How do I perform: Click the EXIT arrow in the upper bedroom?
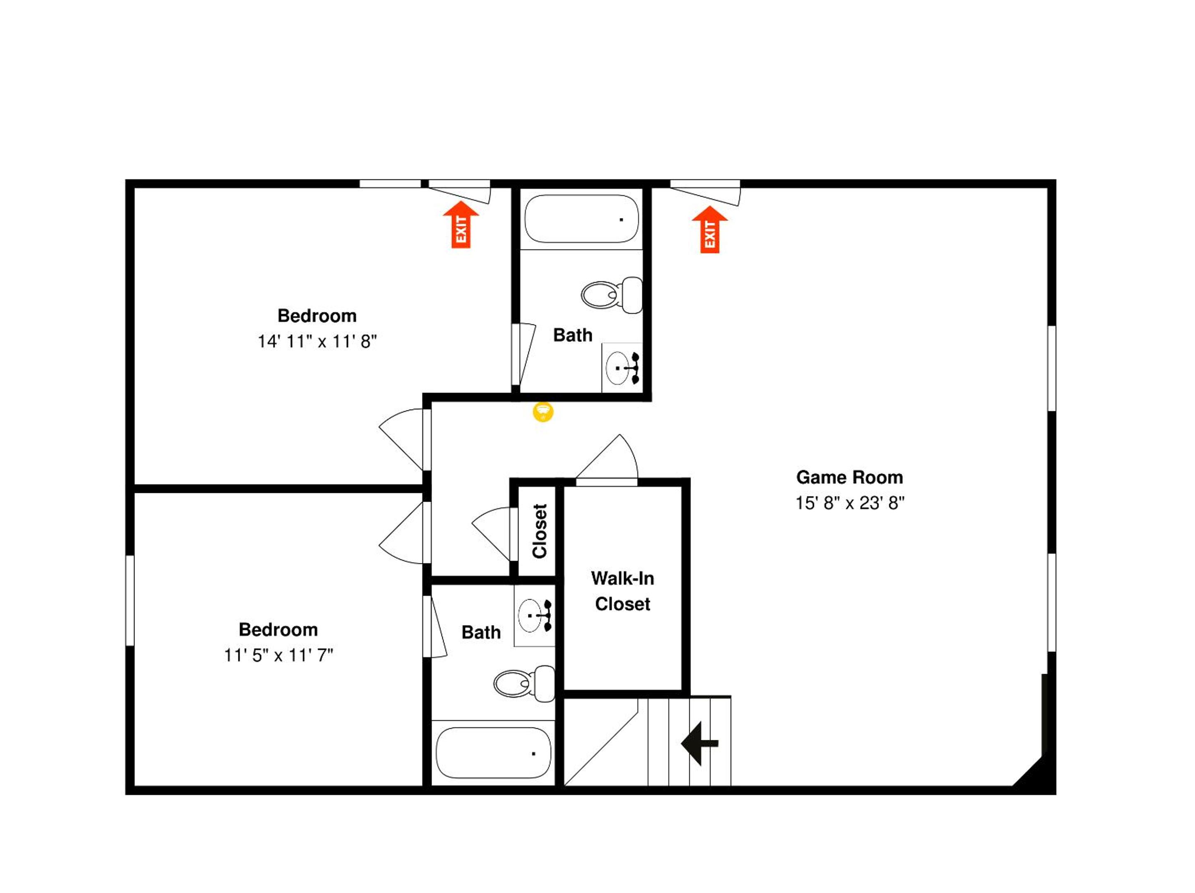(x=461, y=225)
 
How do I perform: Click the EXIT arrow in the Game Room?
(x=710, y=230)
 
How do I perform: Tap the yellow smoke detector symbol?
(x=543, y=412)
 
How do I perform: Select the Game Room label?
(x=849, y=478)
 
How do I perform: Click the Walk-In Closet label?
(x=622, y=591)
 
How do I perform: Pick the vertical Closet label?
(x=540, y=531)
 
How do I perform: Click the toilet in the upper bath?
(x=612, y=295)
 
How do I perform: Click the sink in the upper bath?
(x=622, y=368)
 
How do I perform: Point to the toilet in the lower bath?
(x=524, y=683)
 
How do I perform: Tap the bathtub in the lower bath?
(x=493, y=753)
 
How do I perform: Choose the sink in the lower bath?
(x=534, y=615)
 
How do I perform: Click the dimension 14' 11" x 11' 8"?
(x=317, y=342)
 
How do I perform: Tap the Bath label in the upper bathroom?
(x=573, y=336)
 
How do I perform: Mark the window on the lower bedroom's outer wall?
(x=130, y=600)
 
